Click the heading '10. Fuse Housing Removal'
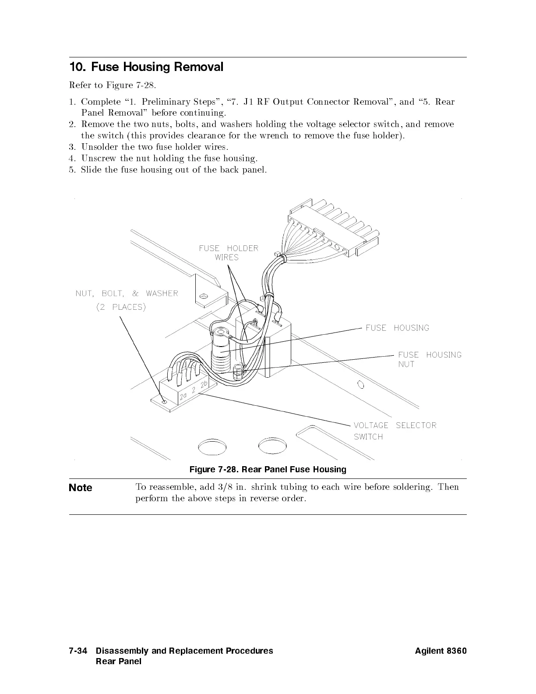point(146,67)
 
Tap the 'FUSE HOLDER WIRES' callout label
point(228,253)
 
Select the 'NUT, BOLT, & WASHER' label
point(127,294)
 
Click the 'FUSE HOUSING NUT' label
point(429,359)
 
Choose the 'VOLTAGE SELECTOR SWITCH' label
point(395,431)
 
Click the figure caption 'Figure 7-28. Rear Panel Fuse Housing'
point(268,470)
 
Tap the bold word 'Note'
point(81,488)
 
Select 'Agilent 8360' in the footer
point(441,651)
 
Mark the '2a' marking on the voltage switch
point(183,396)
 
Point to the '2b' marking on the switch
point(204,385)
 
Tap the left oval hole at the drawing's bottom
point(212,447)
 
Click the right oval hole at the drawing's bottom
point(272,446)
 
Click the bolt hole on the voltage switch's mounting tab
point(164,401)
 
